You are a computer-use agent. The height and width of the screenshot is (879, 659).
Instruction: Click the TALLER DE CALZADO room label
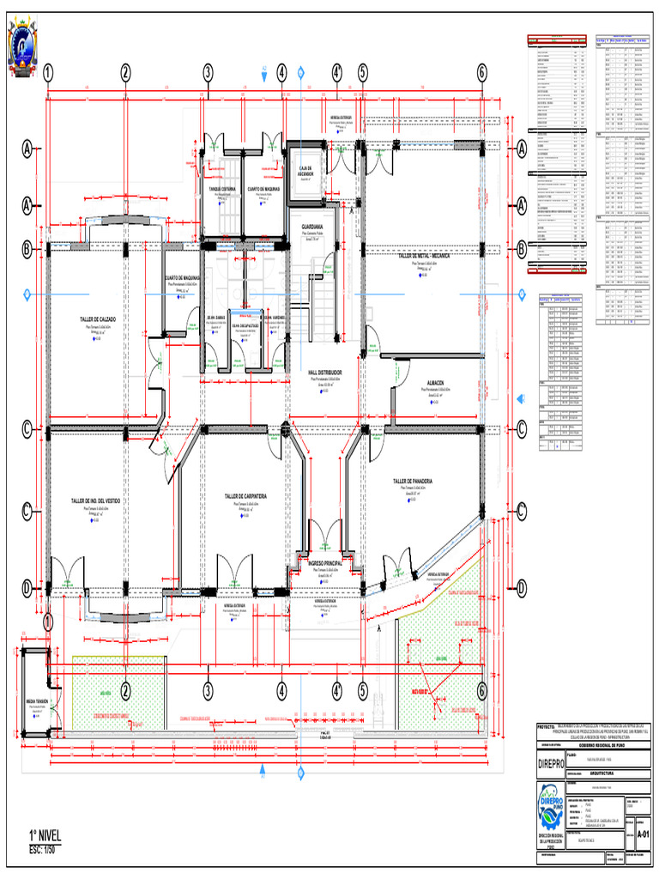[x=106, y=319]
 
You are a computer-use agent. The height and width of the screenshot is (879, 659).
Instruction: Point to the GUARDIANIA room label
[x=312, y=227]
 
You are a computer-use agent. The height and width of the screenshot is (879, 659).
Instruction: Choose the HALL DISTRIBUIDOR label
[x=325, y=373]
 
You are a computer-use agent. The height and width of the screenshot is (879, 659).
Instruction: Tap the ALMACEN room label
[x=435, y=384]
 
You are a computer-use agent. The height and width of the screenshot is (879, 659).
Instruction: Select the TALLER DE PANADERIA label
[x=418, y=482]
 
